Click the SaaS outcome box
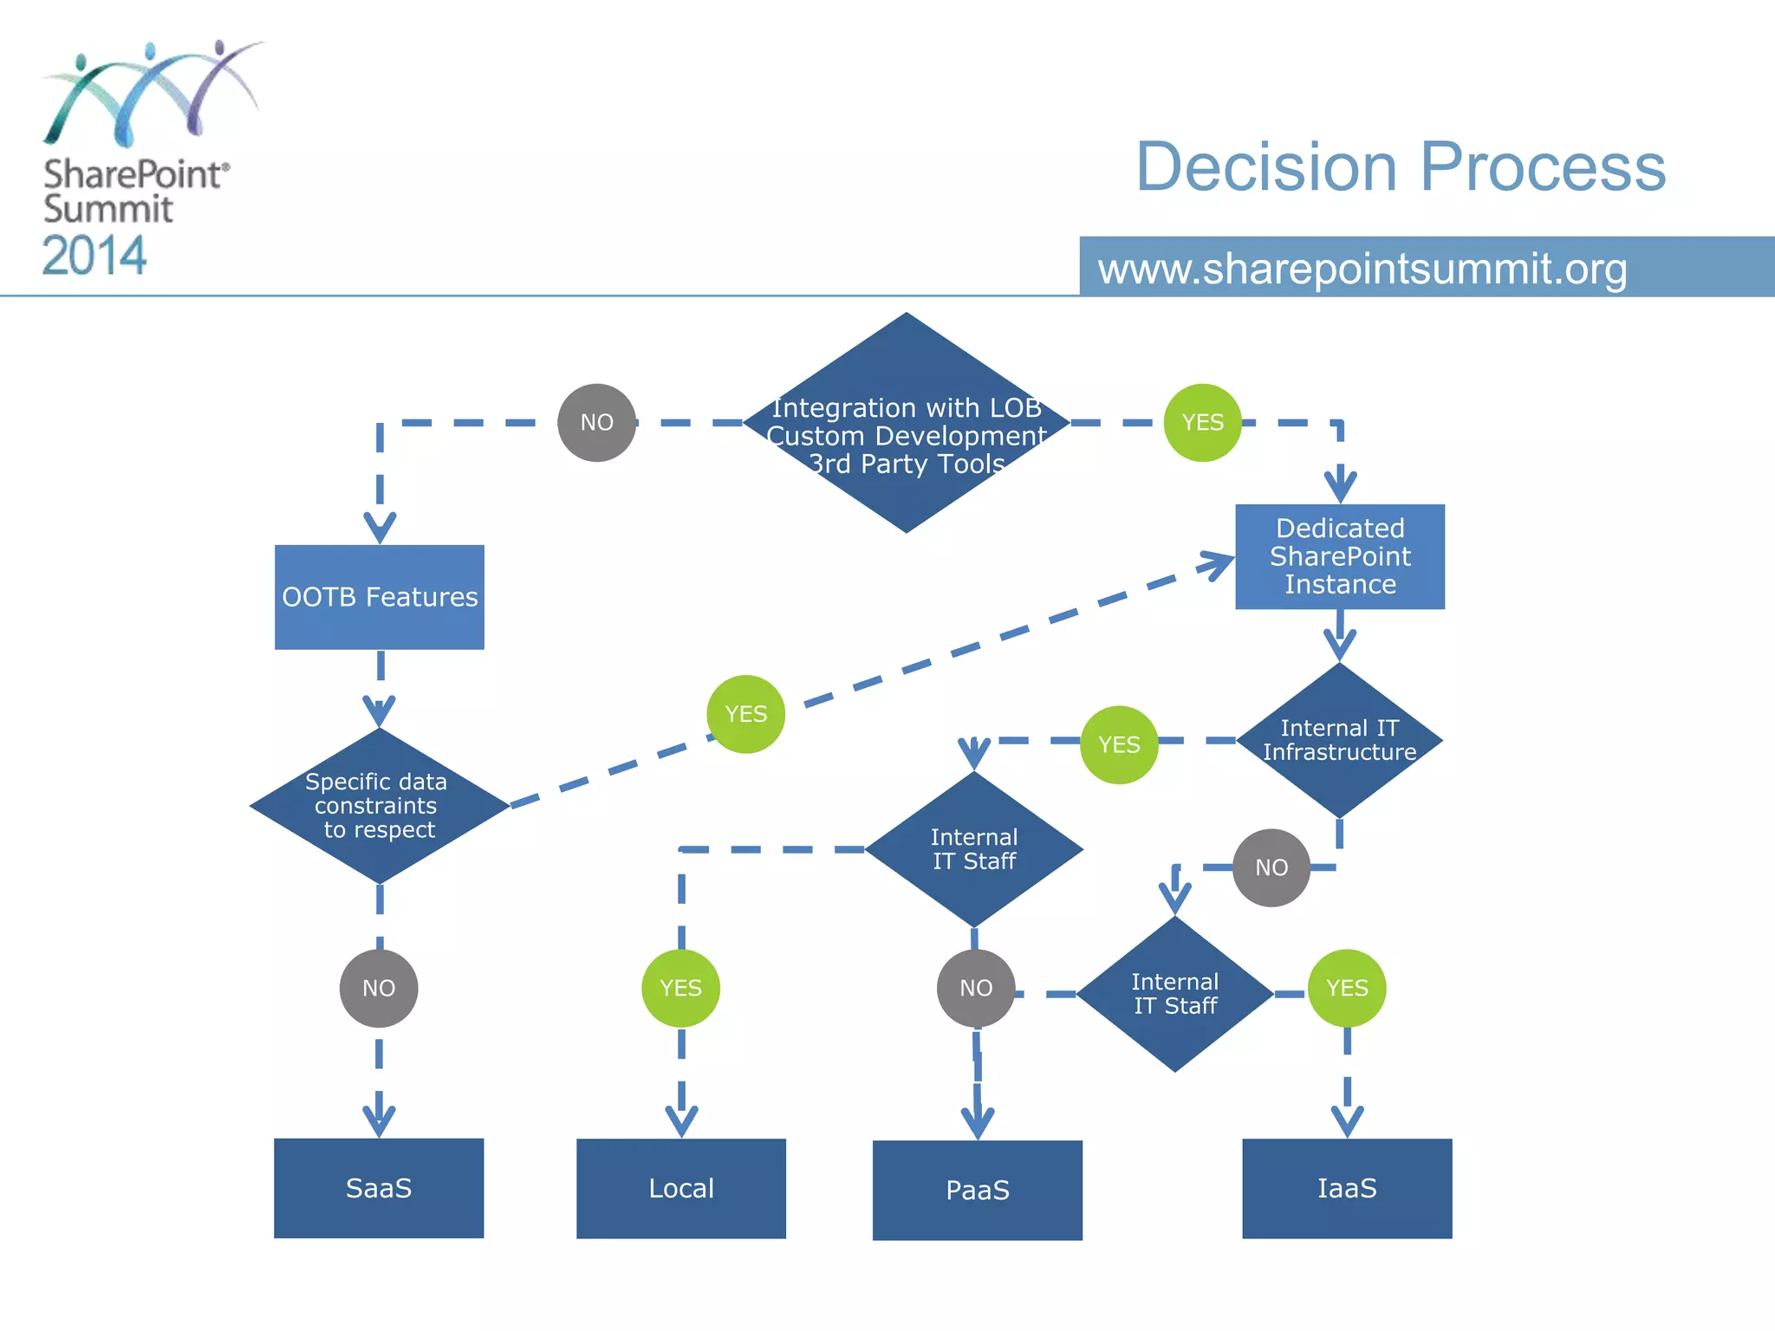pos(379,1188)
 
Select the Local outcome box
pos(681,1188)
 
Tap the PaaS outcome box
pos(978,1190)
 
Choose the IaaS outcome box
pos(1347,1188)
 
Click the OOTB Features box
pos(380,597)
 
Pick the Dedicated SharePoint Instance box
pos(1340,556)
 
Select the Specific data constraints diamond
pos(379,806)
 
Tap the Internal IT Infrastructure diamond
pos(1339,740)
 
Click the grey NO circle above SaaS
pos(379,988)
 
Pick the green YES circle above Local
pos(680,988)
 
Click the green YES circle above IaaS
pos(1347,988)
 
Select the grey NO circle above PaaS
pos(976,988)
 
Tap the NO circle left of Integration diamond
pos(597,423)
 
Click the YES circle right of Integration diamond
pos(1203,423)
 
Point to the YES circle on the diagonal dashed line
pos(746,714)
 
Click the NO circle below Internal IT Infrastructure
pos(1271,867)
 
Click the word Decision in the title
pos(1266,166)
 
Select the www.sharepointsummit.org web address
pos(1362,269)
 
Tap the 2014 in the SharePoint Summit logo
pos(94,256)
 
